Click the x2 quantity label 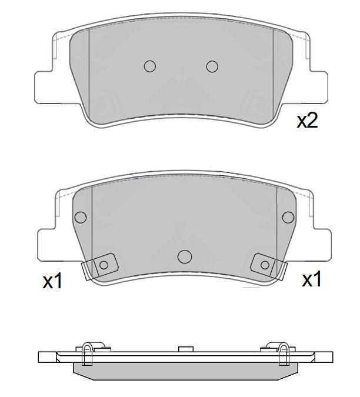pos(307,121)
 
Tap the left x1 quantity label pos(52,281)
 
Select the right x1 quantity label pos(311,279)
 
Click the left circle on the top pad pos(149,66)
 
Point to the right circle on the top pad pos(212,66)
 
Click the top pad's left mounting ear pos(44,88)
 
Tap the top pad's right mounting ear pos(318,88)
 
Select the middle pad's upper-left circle pos(81,217)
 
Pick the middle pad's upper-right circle pos(288,217)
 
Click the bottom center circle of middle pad pos(185,256)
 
